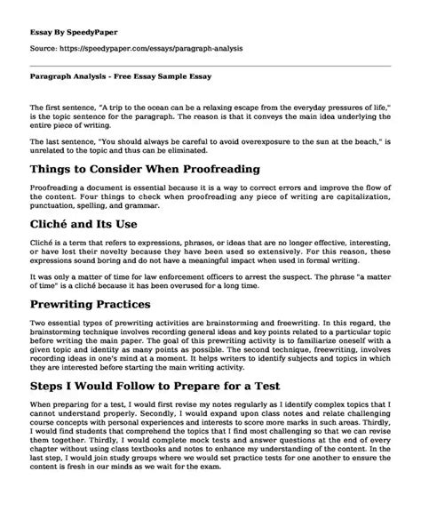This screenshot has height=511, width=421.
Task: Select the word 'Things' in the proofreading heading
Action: point(54,168)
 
